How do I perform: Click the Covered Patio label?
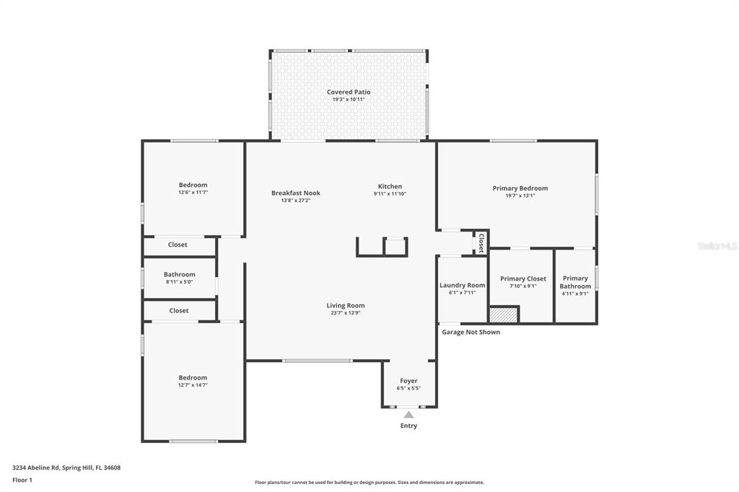(349, 92)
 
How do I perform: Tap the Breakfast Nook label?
(296, 193)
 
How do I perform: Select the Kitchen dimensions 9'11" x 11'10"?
(390, 194)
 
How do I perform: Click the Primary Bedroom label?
(520, 188)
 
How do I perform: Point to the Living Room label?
(346, 305)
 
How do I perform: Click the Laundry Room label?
(462, 285)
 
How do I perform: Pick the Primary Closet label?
(523, 278)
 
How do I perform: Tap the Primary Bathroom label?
(575, 282)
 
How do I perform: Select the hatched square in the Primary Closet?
(504, 315)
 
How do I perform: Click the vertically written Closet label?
(481, 242)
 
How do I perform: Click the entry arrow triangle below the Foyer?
(408, 415)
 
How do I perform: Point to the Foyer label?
(408, 381)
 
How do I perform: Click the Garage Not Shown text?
(471, 332)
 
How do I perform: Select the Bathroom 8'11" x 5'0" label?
(179, 278)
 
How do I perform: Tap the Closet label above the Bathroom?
(178, 245)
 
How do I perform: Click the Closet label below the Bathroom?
(179, 310)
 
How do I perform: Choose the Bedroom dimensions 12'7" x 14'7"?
(193, 385)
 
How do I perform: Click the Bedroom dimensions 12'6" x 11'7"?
(193, 193)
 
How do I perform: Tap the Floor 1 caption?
(22, 480)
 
